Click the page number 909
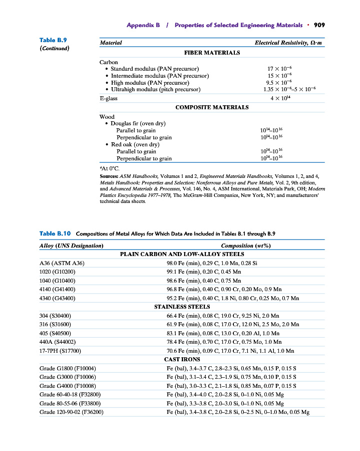point(319,25)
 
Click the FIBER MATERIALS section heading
point(212,52)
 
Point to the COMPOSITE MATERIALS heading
point(212,107)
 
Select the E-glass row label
point(108,98)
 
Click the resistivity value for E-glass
point(280,98)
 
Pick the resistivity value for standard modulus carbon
point(280,69)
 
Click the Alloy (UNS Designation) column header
point(72,246)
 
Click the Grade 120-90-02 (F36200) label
point(71,412)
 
